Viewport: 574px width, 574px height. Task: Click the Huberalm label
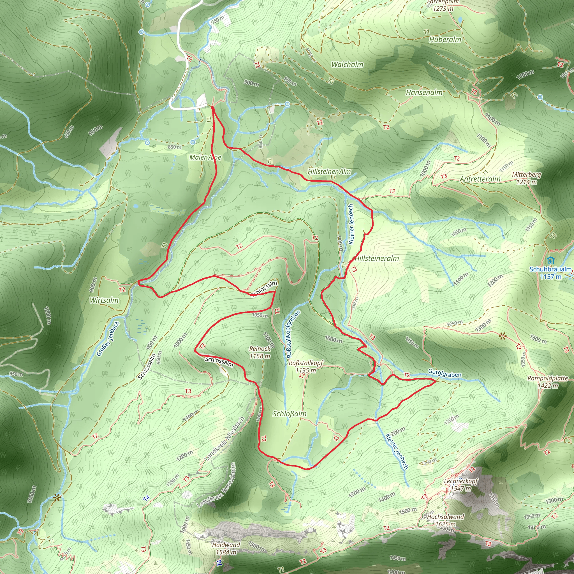pos(445,40)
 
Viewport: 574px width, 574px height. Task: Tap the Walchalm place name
pos(347,64)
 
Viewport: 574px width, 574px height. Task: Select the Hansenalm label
pos(424,93)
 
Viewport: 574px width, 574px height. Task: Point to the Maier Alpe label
pos(205,158)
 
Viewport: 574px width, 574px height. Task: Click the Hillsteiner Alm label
pos(329,172)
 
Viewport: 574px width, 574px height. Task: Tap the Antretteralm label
pos(480,179)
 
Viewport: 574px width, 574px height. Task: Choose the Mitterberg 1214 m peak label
pos(526,178)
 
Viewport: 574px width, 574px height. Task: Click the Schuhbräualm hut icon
pos(550,261)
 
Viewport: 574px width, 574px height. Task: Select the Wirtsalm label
pos(104,300)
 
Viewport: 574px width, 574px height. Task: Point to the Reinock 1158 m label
pos(260,352)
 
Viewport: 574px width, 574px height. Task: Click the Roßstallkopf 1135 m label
pos(306,366)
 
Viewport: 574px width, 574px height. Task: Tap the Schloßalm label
pos(289,414)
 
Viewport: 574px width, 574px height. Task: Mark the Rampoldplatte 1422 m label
pos(548,382)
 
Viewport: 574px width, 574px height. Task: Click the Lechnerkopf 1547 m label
pos(461,485)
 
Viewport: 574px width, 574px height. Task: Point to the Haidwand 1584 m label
pos(226,548)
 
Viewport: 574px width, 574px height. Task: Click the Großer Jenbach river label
pos(108,339)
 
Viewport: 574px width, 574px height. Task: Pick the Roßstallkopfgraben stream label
pos(293,334)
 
